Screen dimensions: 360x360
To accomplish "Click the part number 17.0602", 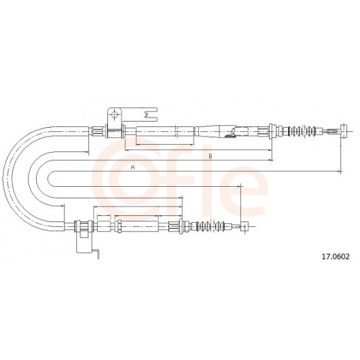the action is (x=336, y=257).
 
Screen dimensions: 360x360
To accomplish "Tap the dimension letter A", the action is (x=132, y=167).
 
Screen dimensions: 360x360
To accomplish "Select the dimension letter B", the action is (x=211, y=157).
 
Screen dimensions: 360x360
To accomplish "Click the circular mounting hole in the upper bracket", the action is (x=114, y=115).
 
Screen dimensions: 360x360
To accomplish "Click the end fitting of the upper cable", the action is (x=344, y=131).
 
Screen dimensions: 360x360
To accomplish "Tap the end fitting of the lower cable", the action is (x=245, y=226).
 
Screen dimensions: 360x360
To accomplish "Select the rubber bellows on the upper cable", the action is (x=302, y=131).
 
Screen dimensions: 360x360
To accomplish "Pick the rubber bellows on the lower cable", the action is (x=211, y=226).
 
